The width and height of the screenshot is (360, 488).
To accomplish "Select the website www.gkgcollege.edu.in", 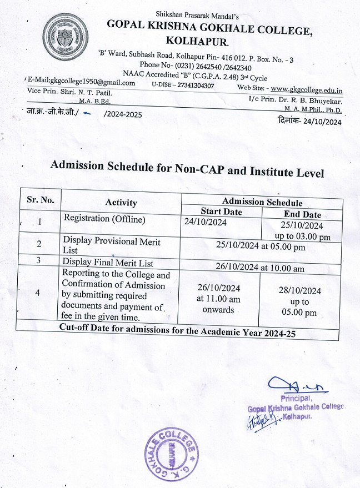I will (307, 89).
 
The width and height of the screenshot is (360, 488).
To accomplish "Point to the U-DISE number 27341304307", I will (191, 86).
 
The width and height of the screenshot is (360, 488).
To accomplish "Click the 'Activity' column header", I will (121, 203).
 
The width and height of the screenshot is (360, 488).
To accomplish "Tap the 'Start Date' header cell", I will (221, 212).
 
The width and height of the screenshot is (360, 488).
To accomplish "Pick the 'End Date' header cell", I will (302, 214).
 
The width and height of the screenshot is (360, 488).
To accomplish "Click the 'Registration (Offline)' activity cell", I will (104, 219).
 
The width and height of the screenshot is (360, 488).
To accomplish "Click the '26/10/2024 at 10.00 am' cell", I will (259, 266).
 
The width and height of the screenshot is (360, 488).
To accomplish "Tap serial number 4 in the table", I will (37, 293).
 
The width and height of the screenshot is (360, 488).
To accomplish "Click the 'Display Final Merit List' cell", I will (108, 263).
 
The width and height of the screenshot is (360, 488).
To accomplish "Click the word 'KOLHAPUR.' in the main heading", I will (196, 41).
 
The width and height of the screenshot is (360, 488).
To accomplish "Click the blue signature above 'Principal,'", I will (289, 385).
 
